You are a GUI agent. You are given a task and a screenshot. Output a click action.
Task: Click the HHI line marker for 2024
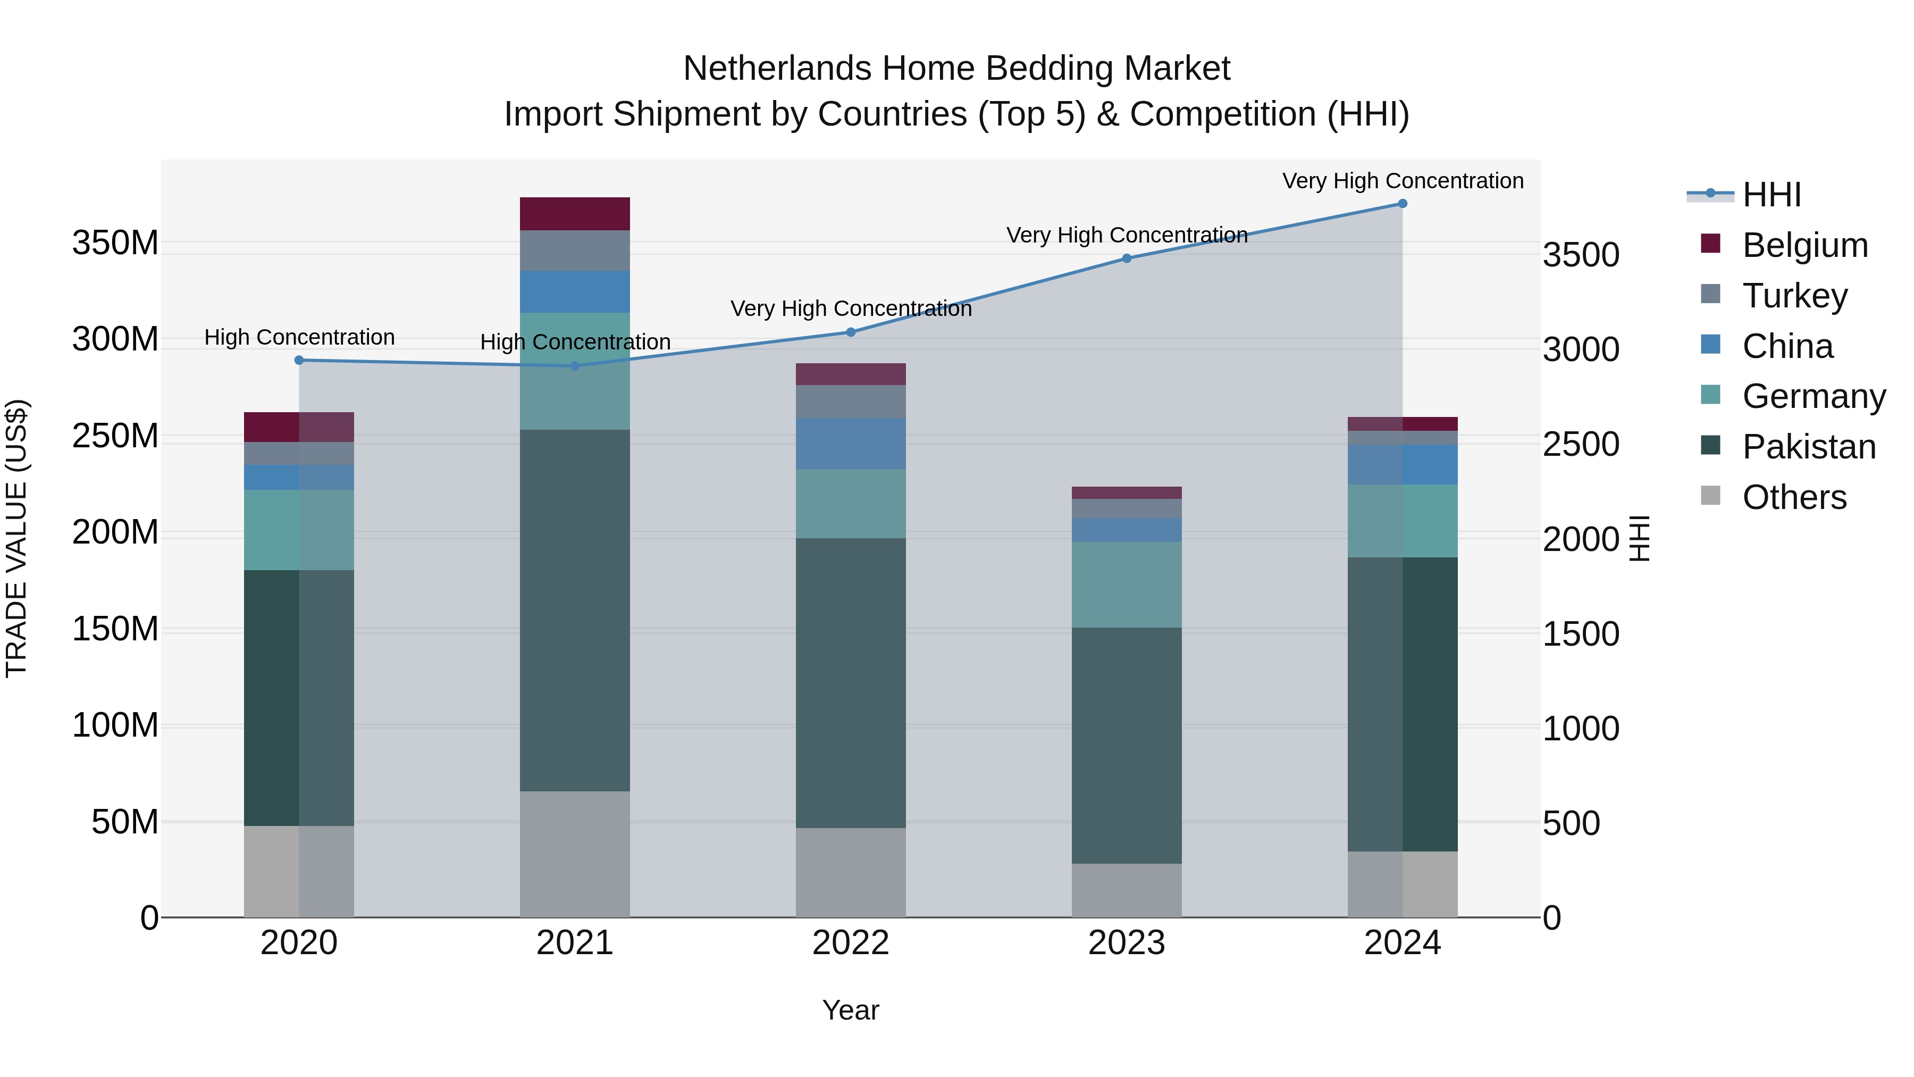(1402, 204)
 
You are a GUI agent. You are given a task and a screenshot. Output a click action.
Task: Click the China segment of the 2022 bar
(851, 443)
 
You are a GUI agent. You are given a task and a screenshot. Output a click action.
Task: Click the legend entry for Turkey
(1794, 296)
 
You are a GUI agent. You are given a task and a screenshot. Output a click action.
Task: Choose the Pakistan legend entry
(1809, 447)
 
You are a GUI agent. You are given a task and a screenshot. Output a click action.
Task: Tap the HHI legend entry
(1772, 195)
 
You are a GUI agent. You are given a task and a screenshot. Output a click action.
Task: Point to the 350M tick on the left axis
(115, 243)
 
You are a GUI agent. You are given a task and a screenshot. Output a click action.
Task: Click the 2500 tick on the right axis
(1581, 445)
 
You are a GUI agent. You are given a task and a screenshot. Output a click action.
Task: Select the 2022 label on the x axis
(851, 943)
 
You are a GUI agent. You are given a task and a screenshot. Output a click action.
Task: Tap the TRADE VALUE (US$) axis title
(16, 538)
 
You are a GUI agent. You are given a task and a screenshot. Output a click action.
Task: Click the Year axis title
(851, 1010)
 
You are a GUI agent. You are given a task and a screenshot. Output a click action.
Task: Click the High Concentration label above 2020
(299, 337)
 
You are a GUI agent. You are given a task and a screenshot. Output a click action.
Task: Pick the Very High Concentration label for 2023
(1127, 235)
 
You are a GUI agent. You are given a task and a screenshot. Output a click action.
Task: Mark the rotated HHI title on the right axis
(1639, 538)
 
